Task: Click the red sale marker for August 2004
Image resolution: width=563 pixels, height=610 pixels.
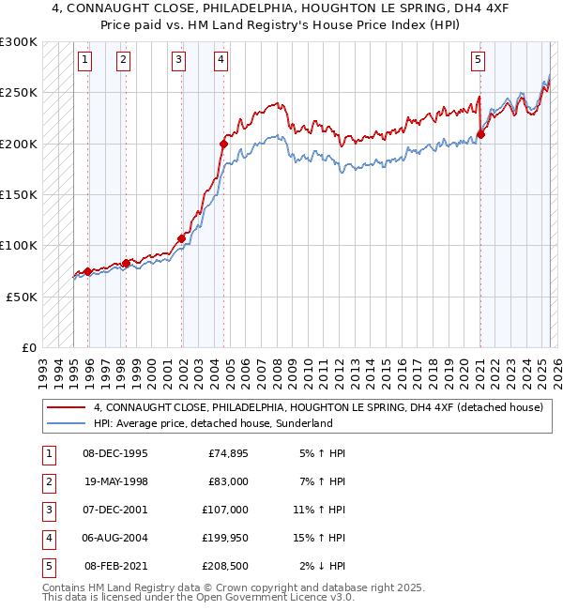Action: tap(224, 144)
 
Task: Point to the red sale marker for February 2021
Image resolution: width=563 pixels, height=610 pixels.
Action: tap(480, 134)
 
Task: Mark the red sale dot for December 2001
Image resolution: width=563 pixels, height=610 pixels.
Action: tap(182, 238)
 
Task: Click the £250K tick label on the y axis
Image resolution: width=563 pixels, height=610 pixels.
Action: tap(19, 93)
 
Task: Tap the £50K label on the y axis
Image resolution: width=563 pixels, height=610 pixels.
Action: tap(22, 296)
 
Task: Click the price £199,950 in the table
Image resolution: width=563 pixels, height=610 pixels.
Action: tap(226, 539)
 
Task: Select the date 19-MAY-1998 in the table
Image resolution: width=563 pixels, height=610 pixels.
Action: tap(116, 481)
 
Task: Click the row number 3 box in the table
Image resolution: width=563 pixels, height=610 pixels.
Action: tap(47, 511)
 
